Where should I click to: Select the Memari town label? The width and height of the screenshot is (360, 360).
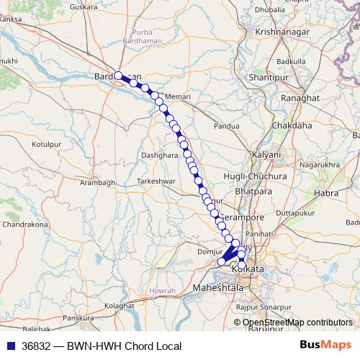177,96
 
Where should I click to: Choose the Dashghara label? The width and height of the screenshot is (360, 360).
159,155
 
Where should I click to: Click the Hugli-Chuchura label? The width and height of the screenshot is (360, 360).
266,176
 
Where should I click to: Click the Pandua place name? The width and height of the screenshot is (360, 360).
226,125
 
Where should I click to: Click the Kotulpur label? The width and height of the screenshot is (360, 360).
48,144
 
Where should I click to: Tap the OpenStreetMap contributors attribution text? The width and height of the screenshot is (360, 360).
298,323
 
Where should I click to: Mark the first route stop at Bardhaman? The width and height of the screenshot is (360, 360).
119,75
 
